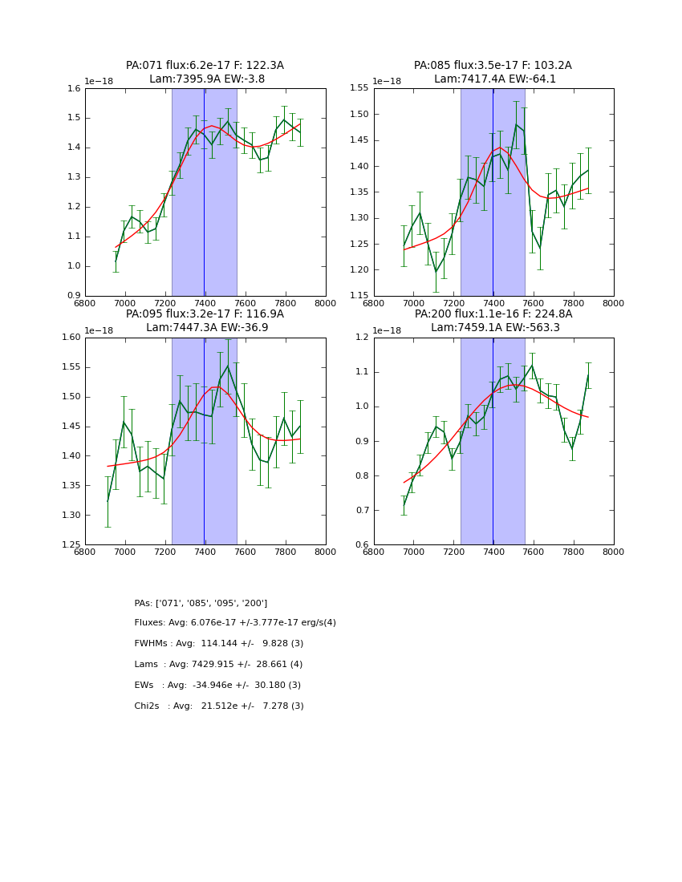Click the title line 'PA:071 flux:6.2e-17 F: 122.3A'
pyautogui.click(x=205, y=66)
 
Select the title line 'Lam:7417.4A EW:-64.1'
pyautogui.click(x=494, y=79)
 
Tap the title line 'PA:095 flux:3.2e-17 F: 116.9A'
pyautogui.click(x=205, y=314)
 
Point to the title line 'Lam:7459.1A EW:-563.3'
pyautogui.click(x=494, y=328)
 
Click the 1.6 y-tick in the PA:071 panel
pyautogui.click(x=74, y=88)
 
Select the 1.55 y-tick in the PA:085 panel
pyautogui.click(x=359, y=88)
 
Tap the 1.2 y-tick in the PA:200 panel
pyautogui.click(x=363, y=338)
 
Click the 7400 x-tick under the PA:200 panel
pyautogui.click(x=493, y=553)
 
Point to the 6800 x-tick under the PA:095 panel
pyautogui.click(x=85, y=553)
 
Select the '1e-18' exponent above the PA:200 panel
pyautogui.click(x=388, y=330)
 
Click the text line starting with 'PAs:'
pyautogui.click(x=201, y=603)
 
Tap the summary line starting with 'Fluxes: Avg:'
pyautogui.click(x=235, y=623)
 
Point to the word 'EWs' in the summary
pyautogui.click(x=145, y=686)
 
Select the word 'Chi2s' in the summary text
pyautogui.click(x=147, y=706)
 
